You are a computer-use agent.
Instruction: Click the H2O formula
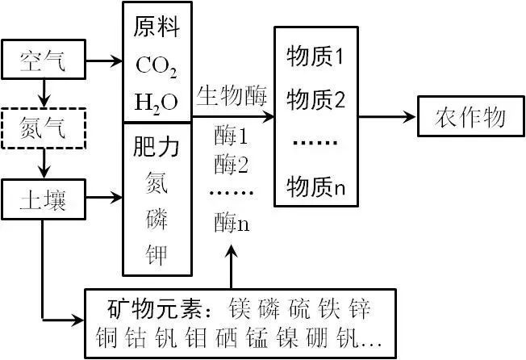pyautogui.click(x=156, y=102)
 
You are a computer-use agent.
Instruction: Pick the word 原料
pyautogui.click(x=157, y=29)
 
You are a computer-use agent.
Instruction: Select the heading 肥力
pyautogui.click(x=157, y=147)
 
